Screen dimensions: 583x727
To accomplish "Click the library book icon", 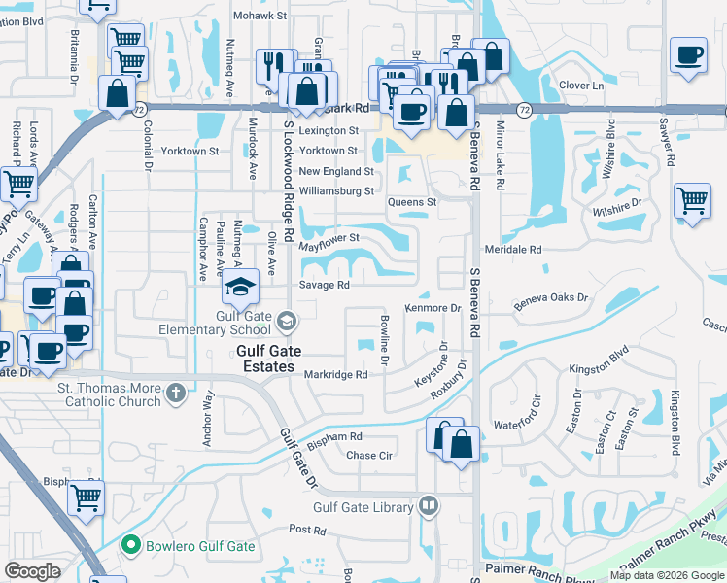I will (x=428, y=505).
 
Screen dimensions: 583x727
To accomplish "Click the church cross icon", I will (x=175, y=394).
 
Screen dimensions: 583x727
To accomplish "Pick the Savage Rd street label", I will (x=324, y=286).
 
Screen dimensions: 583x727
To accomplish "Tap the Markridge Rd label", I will (x=334, y=374).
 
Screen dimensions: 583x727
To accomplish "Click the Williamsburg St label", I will (x=336, y=191).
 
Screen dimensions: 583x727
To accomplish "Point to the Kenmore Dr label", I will (x=433, y=308).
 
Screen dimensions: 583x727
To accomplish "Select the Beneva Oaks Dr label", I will (x=551, y=302).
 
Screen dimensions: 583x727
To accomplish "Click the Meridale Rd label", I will (x=517, y=250).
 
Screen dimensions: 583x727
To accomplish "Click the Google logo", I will (x=33, y=571).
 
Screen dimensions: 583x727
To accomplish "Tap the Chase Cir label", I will (x=369, y=455).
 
